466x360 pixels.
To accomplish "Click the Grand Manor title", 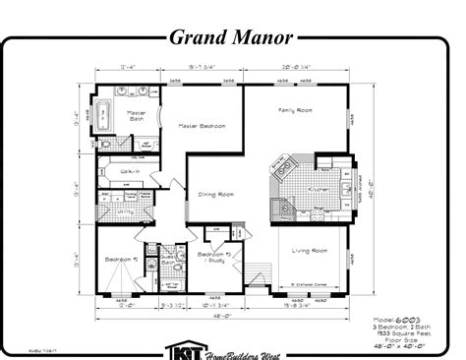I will click(231, 39).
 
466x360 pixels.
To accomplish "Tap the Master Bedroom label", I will click(202, 126).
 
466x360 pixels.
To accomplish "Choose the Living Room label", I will click(309, 251).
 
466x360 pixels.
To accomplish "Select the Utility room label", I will click(125, 210).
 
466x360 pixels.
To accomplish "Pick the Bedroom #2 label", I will click(120, 260).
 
